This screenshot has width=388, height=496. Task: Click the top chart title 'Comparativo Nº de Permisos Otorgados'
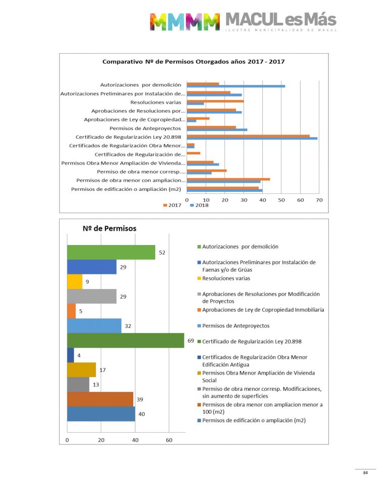coord(193,62)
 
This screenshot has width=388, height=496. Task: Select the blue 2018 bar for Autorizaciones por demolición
coord(235,86)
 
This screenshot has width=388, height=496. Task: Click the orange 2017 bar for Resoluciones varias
coord(215,101)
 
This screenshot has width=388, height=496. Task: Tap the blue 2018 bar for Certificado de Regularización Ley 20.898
coord(252,138)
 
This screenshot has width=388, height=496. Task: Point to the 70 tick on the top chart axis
coord(319,201)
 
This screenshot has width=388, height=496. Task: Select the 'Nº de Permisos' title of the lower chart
coord(109,229)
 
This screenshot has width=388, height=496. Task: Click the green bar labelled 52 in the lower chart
coord(111,252)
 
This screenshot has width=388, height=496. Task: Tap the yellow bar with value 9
coord(75,281)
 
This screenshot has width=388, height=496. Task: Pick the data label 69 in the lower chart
coord(191,341)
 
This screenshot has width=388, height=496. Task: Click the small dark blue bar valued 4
coord(71,355)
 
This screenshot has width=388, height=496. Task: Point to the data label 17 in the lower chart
coord(102,370)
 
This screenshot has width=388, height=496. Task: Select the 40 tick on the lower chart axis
coord(135,440)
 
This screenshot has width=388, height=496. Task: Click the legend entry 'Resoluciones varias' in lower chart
coord(226,278)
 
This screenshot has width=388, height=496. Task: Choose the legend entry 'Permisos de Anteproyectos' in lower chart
coord(236,326)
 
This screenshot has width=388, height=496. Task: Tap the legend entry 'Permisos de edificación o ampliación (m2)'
coord(254,421)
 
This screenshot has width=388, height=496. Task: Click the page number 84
coord(365,473)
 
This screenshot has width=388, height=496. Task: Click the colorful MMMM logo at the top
coord(185,21)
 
